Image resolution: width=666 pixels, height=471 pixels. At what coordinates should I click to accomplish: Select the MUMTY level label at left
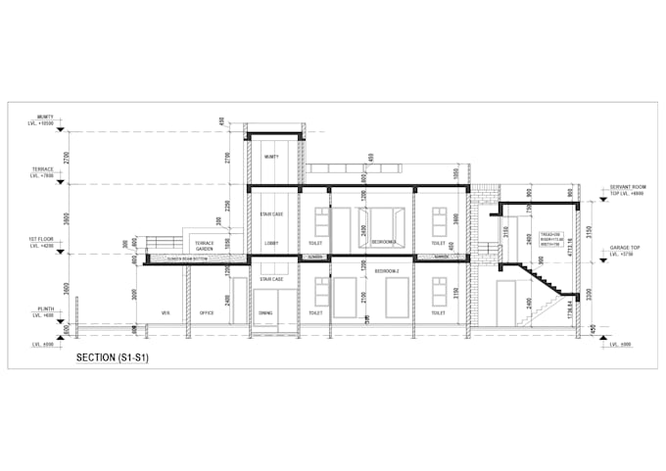44,119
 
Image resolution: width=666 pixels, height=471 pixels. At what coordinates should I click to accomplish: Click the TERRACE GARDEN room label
204,245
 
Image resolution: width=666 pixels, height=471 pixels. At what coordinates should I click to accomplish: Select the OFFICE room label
207,313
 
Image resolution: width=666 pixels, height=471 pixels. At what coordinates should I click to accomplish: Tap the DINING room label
266,313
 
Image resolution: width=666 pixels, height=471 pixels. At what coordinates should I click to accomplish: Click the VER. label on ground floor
166,313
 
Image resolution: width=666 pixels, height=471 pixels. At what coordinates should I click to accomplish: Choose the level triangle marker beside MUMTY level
61,128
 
